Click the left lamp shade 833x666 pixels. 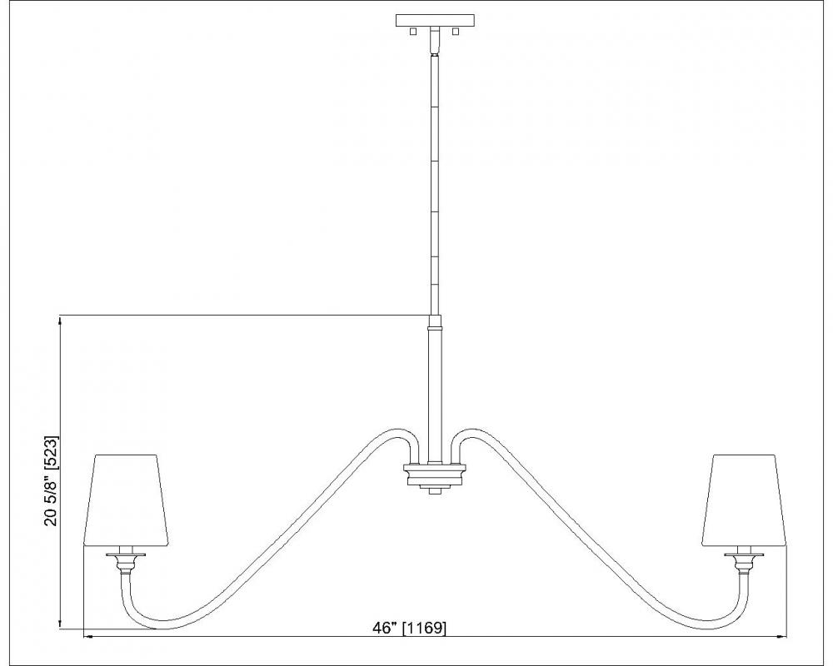pos(126,499)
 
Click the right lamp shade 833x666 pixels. pos(744,499)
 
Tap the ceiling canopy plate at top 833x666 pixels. pos(435,21)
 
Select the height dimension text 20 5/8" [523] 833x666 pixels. pos(51,481)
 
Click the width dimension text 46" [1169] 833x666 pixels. pos(409,628)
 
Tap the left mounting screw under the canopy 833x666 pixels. pos(413,32)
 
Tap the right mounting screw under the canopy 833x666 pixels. pos(455,32)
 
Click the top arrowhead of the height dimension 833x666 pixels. pos(60,319)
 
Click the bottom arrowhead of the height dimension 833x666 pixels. pos(60,625)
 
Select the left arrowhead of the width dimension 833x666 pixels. pos(89,636)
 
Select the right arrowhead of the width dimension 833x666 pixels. pos(781,636)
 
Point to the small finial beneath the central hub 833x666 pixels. pos(435,490)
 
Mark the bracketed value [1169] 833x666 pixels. pos(425,628)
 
